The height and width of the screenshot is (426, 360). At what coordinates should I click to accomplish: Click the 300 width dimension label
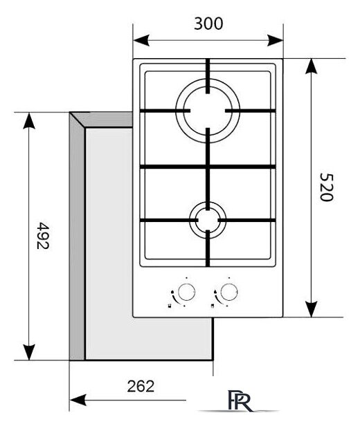208,24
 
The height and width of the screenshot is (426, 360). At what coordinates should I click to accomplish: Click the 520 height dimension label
326,187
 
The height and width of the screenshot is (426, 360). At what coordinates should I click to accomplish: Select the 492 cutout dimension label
43,236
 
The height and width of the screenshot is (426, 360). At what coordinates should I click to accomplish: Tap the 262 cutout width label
141,386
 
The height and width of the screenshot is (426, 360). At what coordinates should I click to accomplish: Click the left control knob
186,292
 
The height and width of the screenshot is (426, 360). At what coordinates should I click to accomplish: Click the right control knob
229,292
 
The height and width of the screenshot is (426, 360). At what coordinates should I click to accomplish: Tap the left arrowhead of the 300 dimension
141,41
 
